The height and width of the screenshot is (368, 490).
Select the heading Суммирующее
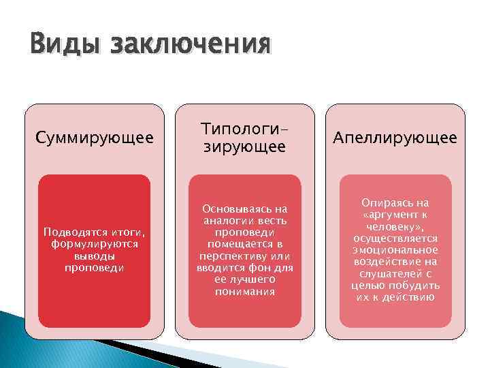pos(94,139)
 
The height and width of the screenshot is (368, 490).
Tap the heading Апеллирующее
pos(395,139)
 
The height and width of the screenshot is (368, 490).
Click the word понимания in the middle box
pos(244,291)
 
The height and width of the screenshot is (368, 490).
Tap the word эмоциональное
pos(395,251)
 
